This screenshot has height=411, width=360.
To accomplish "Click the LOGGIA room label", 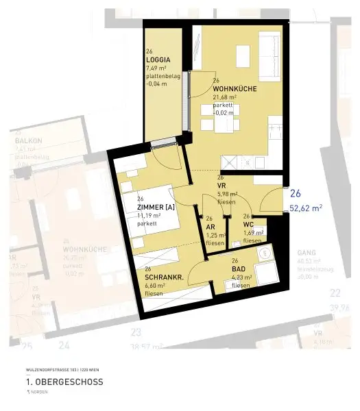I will (x=158, y=60).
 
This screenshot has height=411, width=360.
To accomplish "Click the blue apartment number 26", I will (x=296, y=193).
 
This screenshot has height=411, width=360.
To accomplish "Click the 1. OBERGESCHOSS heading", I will (x=64, y=382).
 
